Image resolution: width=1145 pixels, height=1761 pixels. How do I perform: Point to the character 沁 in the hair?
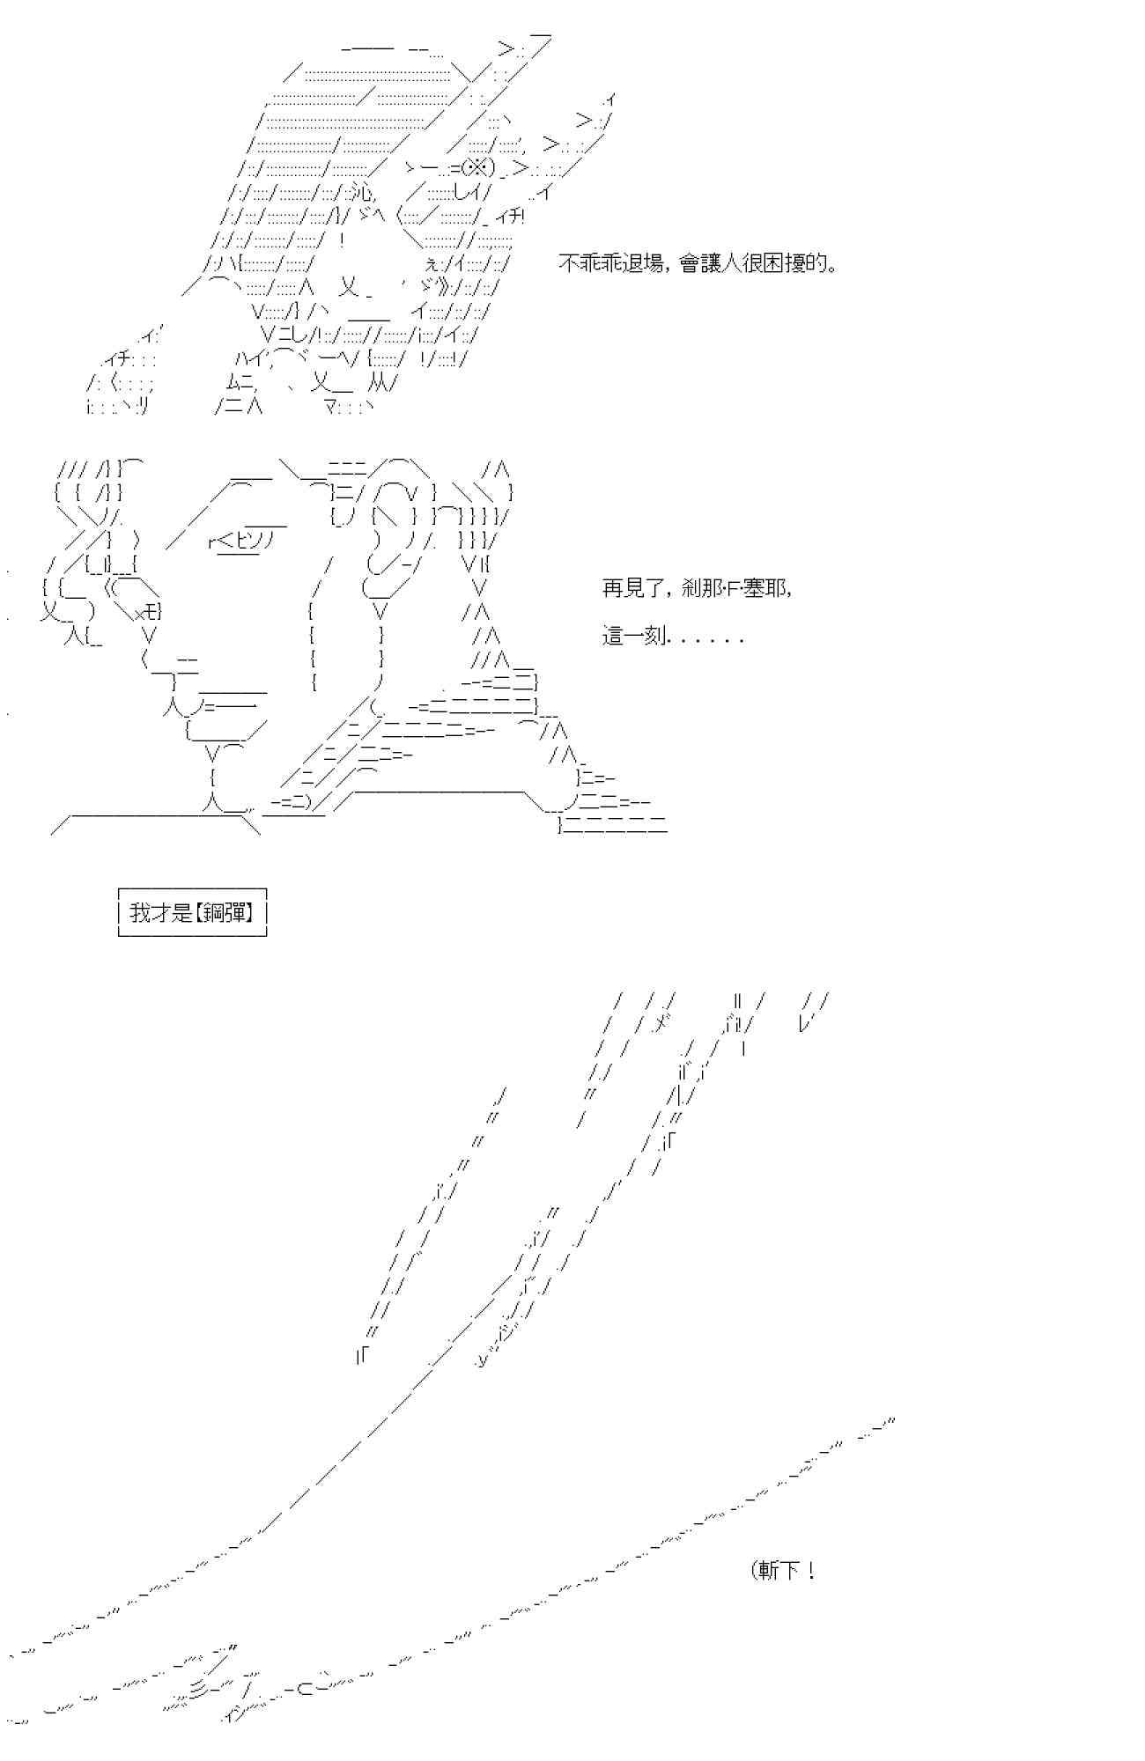[361, 192]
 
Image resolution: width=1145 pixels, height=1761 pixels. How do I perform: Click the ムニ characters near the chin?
[240, 384]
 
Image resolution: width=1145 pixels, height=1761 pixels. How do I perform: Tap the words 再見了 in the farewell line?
[631, 588]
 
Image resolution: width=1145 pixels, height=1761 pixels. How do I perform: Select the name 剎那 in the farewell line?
[705, 588]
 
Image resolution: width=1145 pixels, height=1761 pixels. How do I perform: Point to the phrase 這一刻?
[633, 636]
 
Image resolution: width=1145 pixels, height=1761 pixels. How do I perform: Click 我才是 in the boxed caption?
[161, 912]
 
